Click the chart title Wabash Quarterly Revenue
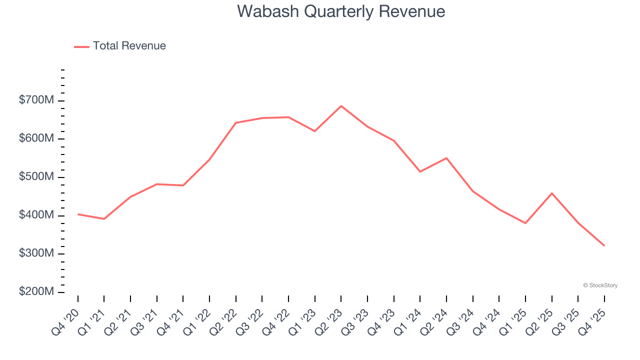pos(341,11)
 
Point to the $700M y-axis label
pos(36,100)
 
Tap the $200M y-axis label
pos(36,292)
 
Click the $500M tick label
pos(36,177)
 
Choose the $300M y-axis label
pos(36,253)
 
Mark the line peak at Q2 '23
pos(341,106)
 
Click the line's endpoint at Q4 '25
pos(604,245)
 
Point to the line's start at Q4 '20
pos(78,214)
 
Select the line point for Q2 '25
pos(551,193)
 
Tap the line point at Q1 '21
pos(104,219)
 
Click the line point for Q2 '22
pos(235,122)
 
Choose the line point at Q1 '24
pos(420,171)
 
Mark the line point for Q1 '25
pos(525,223)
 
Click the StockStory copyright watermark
pos(600,285)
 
